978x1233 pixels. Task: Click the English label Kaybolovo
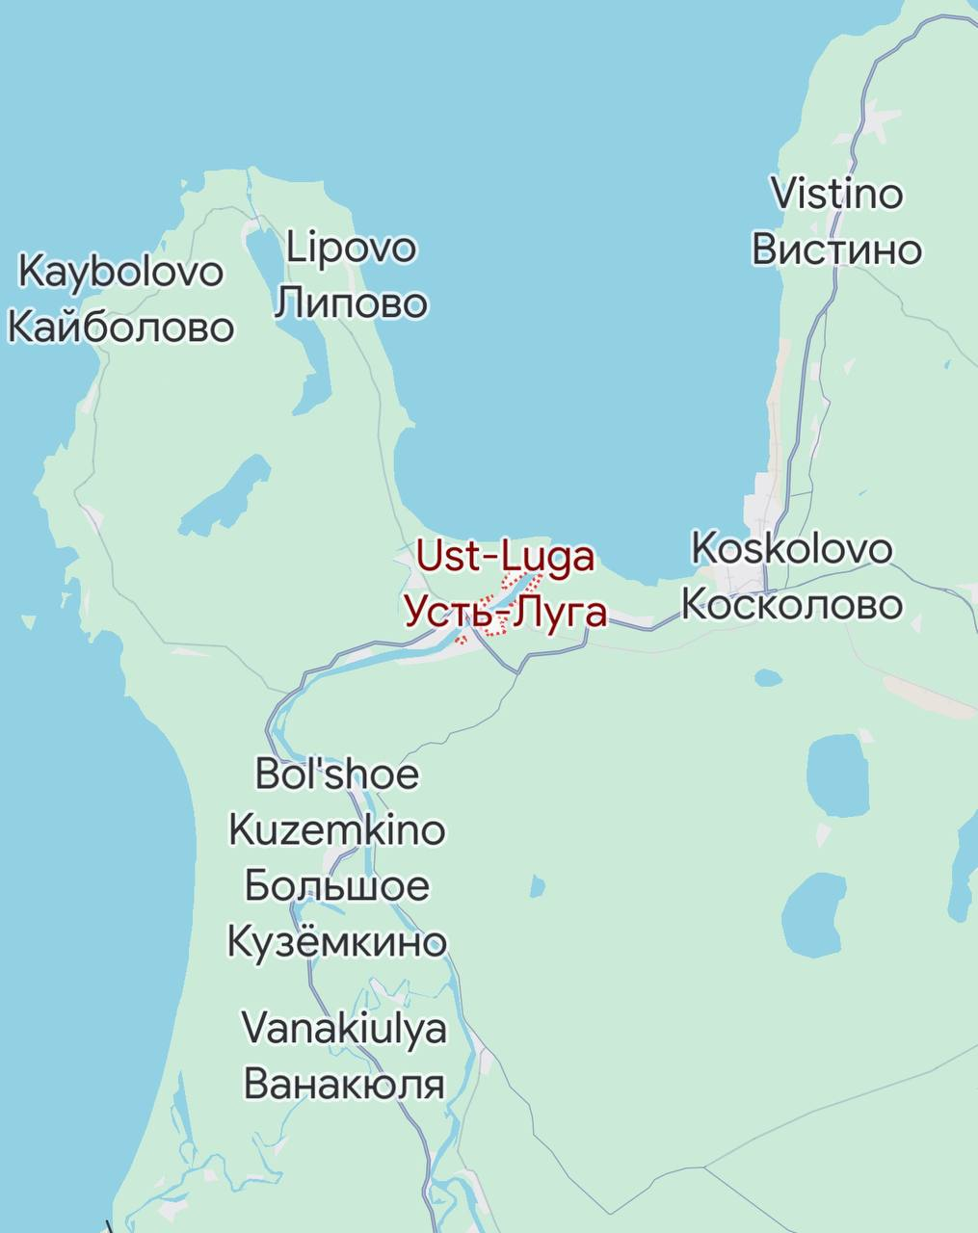[120, 273]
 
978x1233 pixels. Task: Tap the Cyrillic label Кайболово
[120, 328]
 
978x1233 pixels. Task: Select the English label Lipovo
[352, 249]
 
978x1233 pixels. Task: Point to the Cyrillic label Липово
[352, 303]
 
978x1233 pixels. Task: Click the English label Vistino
[837, 195]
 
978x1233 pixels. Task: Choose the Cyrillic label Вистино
[837, 249]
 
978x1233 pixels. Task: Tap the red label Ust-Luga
[505, 557]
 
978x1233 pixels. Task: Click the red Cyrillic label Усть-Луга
[505, 612]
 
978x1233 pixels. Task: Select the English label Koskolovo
[792, 549]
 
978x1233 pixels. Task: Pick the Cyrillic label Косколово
[792, 605]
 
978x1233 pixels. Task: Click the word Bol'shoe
[336, 774]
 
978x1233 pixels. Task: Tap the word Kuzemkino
[336, 829]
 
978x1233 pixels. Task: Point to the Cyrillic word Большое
[336, 885]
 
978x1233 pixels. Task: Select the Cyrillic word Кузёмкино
[336, 941]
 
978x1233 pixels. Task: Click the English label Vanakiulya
[344, 1028]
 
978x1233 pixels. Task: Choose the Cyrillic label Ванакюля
[344, 1084]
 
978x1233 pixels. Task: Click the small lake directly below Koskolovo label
[768, 678]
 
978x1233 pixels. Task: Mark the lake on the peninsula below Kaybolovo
[224, 493]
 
